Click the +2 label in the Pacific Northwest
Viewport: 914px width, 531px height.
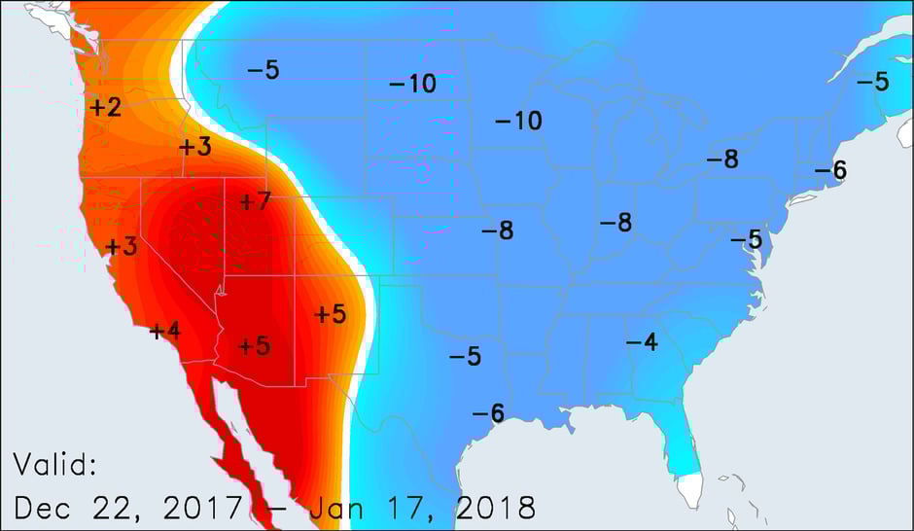tap(105, 107)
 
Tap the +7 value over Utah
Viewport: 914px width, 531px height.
tap(254, 201)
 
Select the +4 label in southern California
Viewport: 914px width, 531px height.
tap(165, 331)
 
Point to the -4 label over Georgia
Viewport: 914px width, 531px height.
tap(641, 341)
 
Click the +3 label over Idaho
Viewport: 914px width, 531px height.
tap(194, 147)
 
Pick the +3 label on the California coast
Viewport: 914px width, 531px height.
tap(122, 246)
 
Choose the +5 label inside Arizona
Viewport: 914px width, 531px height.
tap(254, 345)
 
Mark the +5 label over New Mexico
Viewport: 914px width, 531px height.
tap(331, 313)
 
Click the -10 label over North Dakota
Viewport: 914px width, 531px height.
tap(412, 84)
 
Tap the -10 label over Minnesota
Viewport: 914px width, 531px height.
tap(518, 121)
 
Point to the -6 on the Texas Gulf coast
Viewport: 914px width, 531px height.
tap(488, 413)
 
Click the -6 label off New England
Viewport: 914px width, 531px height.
tap(830, 171)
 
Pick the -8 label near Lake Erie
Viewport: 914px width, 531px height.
tap(722, 159)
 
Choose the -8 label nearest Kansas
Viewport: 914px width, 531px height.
tap(497, 230)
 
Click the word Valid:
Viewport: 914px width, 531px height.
tap(55, 465)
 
